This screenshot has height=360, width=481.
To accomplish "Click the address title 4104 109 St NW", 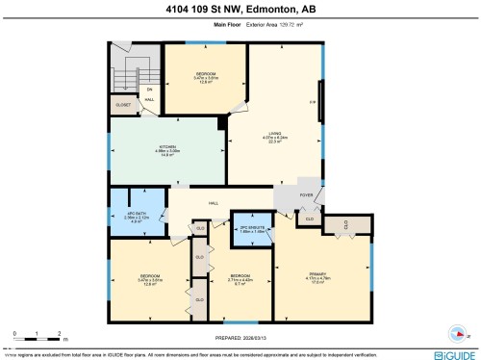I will [240, 11].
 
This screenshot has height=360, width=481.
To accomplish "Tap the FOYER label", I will [307, 195].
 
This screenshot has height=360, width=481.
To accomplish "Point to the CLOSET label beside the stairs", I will [123, 104].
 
